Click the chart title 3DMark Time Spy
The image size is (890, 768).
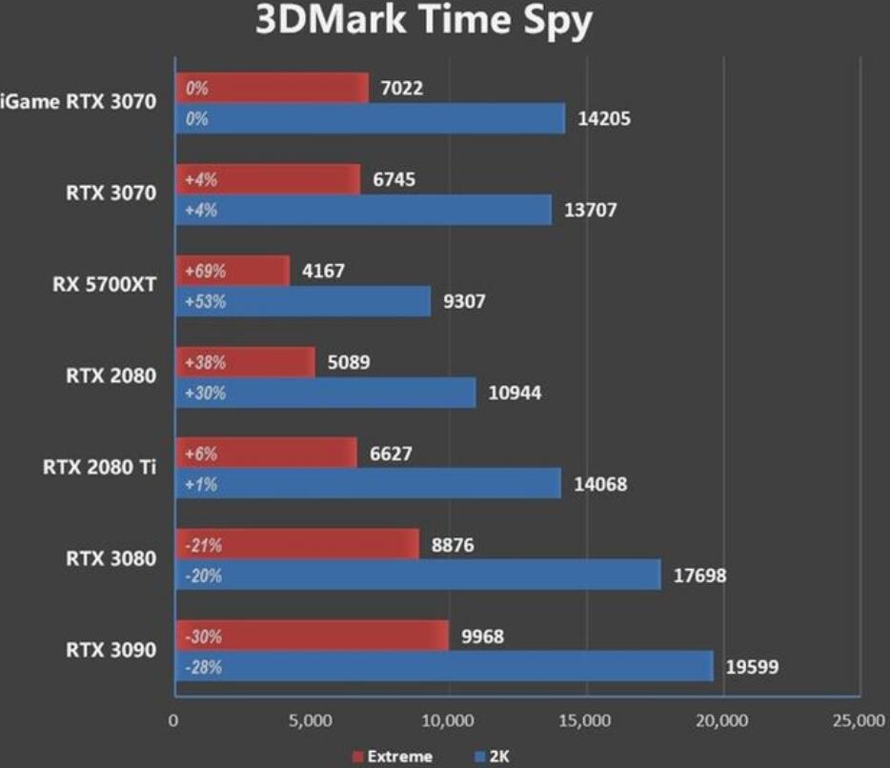click(423, 21)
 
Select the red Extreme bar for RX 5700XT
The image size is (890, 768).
click(232, 271)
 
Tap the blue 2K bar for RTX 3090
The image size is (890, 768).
click(443, 666)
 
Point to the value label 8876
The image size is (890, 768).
click(452, 545)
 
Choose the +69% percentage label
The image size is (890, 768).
click(205, 271)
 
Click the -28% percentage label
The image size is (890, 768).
click(203, 667)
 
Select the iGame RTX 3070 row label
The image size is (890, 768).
click(78, 103)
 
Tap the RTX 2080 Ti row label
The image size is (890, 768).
click(99, 468)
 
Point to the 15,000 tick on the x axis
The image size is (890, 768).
click(584, 720)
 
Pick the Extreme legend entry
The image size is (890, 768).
click(392, 757)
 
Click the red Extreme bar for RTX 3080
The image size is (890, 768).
click(296, 545)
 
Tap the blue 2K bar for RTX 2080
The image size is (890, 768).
click(325, 393)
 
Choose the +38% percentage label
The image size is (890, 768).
click(205, 362)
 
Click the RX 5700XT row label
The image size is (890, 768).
click(105, 285)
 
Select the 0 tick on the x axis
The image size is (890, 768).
click(173, 720)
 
